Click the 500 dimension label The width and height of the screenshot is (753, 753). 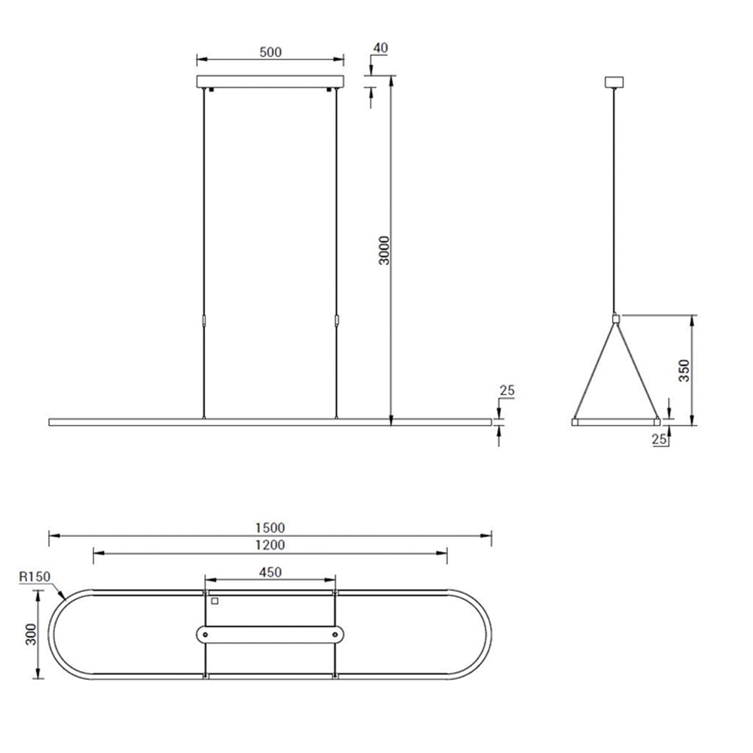270,52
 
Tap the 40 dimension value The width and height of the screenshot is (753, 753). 380,48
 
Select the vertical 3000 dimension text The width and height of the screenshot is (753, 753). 384,250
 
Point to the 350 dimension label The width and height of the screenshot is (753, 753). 684,370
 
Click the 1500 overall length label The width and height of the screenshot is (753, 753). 270,528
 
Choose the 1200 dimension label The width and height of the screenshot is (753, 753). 270,545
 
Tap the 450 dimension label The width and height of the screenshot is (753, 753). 270,572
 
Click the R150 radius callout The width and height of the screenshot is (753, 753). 35,576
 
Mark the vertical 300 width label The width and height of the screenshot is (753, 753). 31,634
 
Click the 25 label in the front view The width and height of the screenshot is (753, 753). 507,390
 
